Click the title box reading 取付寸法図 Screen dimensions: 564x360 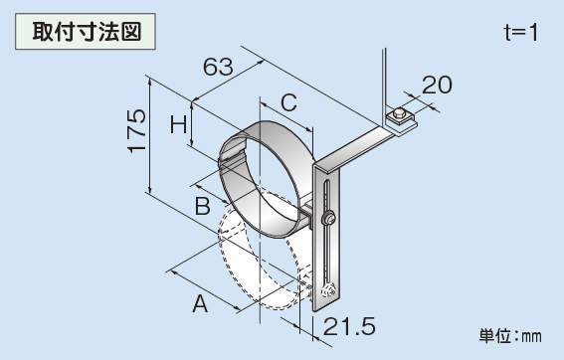tap(86, 31)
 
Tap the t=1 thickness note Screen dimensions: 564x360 tap(521, 33)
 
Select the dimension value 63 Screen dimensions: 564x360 tap(218, 67)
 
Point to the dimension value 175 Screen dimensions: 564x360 tap(137, 131)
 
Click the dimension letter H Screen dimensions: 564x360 tap(179, 124)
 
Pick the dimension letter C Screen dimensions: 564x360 tap(288, 102)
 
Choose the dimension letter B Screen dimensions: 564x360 tap(203, 206)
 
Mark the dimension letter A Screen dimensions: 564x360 tap(200, 303)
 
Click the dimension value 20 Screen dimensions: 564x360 tap(437, 85)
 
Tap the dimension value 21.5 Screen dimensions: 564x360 tap(349, 326)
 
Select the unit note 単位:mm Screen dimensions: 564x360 tap(510, 336)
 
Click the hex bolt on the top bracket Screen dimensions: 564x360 tap(399, 115)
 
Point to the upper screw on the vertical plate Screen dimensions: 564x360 tap(328, 219)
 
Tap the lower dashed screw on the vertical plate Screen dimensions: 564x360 tap(329, 290)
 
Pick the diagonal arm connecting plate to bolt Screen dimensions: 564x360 tap(353, 149)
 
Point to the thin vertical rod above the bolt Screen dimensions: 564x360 tap(384, 83)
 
